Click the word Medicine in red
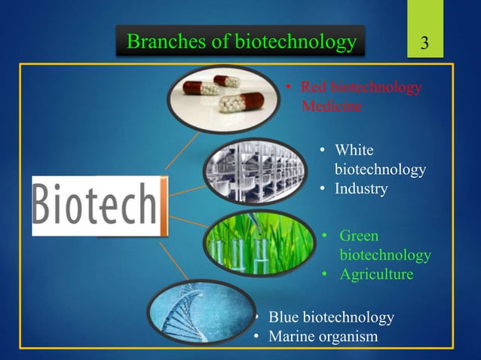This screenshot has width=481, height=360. [x=332, y=107]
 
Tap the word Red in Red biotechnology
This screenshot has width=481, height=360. [x=314, y=89]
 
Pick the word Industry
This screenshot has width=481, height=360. [x=361, y=189]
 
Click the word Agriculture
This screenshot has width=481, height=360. [x=376, y=275]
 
